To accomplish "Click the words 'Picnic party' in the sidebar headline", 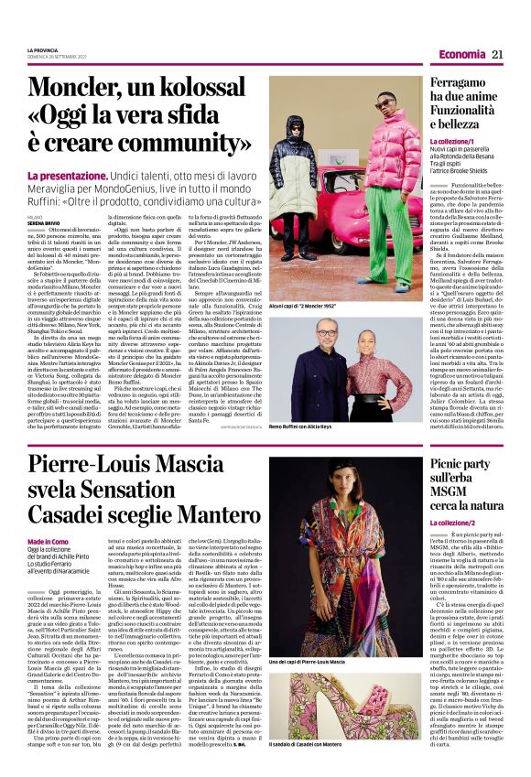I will tap(462, 466).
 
